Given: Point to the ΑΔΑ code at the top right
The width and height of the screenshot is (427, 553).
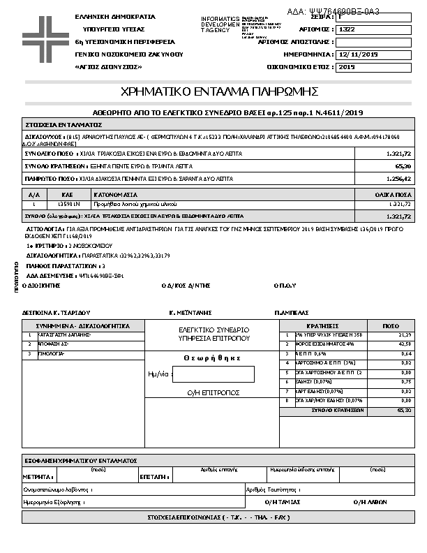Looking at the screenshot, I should (343, 11).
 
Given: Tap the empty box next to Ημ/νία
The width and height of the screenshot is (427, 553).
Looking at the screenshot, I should (213, 374).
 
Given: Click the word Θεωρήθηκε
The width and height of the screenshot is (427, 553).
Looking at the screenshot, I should (213, 357).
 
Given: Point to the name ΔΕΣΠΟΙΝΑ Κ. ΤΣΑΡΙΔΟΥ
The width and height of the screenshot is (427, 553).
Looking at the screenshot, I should (58, 312).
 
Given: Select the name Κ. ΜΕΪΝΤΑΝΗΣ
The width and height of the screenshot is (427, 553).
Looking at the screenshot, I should (190, 312).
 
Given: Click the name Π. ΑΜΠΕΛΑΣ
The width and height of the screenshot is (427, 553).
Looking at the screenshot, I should (292, 312).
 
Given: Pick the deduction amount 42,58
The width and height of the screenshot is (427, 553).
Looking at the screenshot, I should (404, 344).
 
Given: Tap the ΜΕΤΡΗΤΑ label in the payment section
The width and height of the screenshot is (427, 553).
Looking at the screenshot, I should (38, 476).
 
